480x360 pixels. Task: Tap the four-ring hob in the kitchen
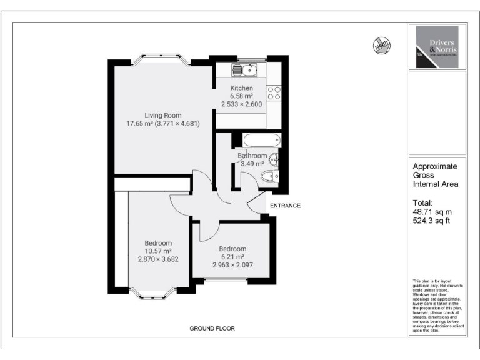point(274,94)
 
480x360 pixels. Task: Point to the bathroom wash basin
point(274,161)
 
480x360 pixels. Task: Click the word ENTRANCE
point(285,206)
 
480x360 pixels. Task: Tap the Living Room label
point(162,115)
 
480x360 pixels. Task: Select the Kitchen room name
point(241,88)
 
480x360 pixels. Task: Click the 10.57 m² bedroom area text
point(158,251)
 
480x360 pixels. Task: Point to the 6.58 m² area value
point(241,96)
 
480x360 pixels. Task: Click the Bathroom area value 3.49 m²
point(252,164)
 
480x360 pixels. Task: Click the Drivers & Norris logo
point(437,47)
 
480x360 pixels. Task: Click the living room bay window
point(162,61)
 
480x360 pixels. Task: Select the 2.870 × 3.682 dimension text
point(158,259)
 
